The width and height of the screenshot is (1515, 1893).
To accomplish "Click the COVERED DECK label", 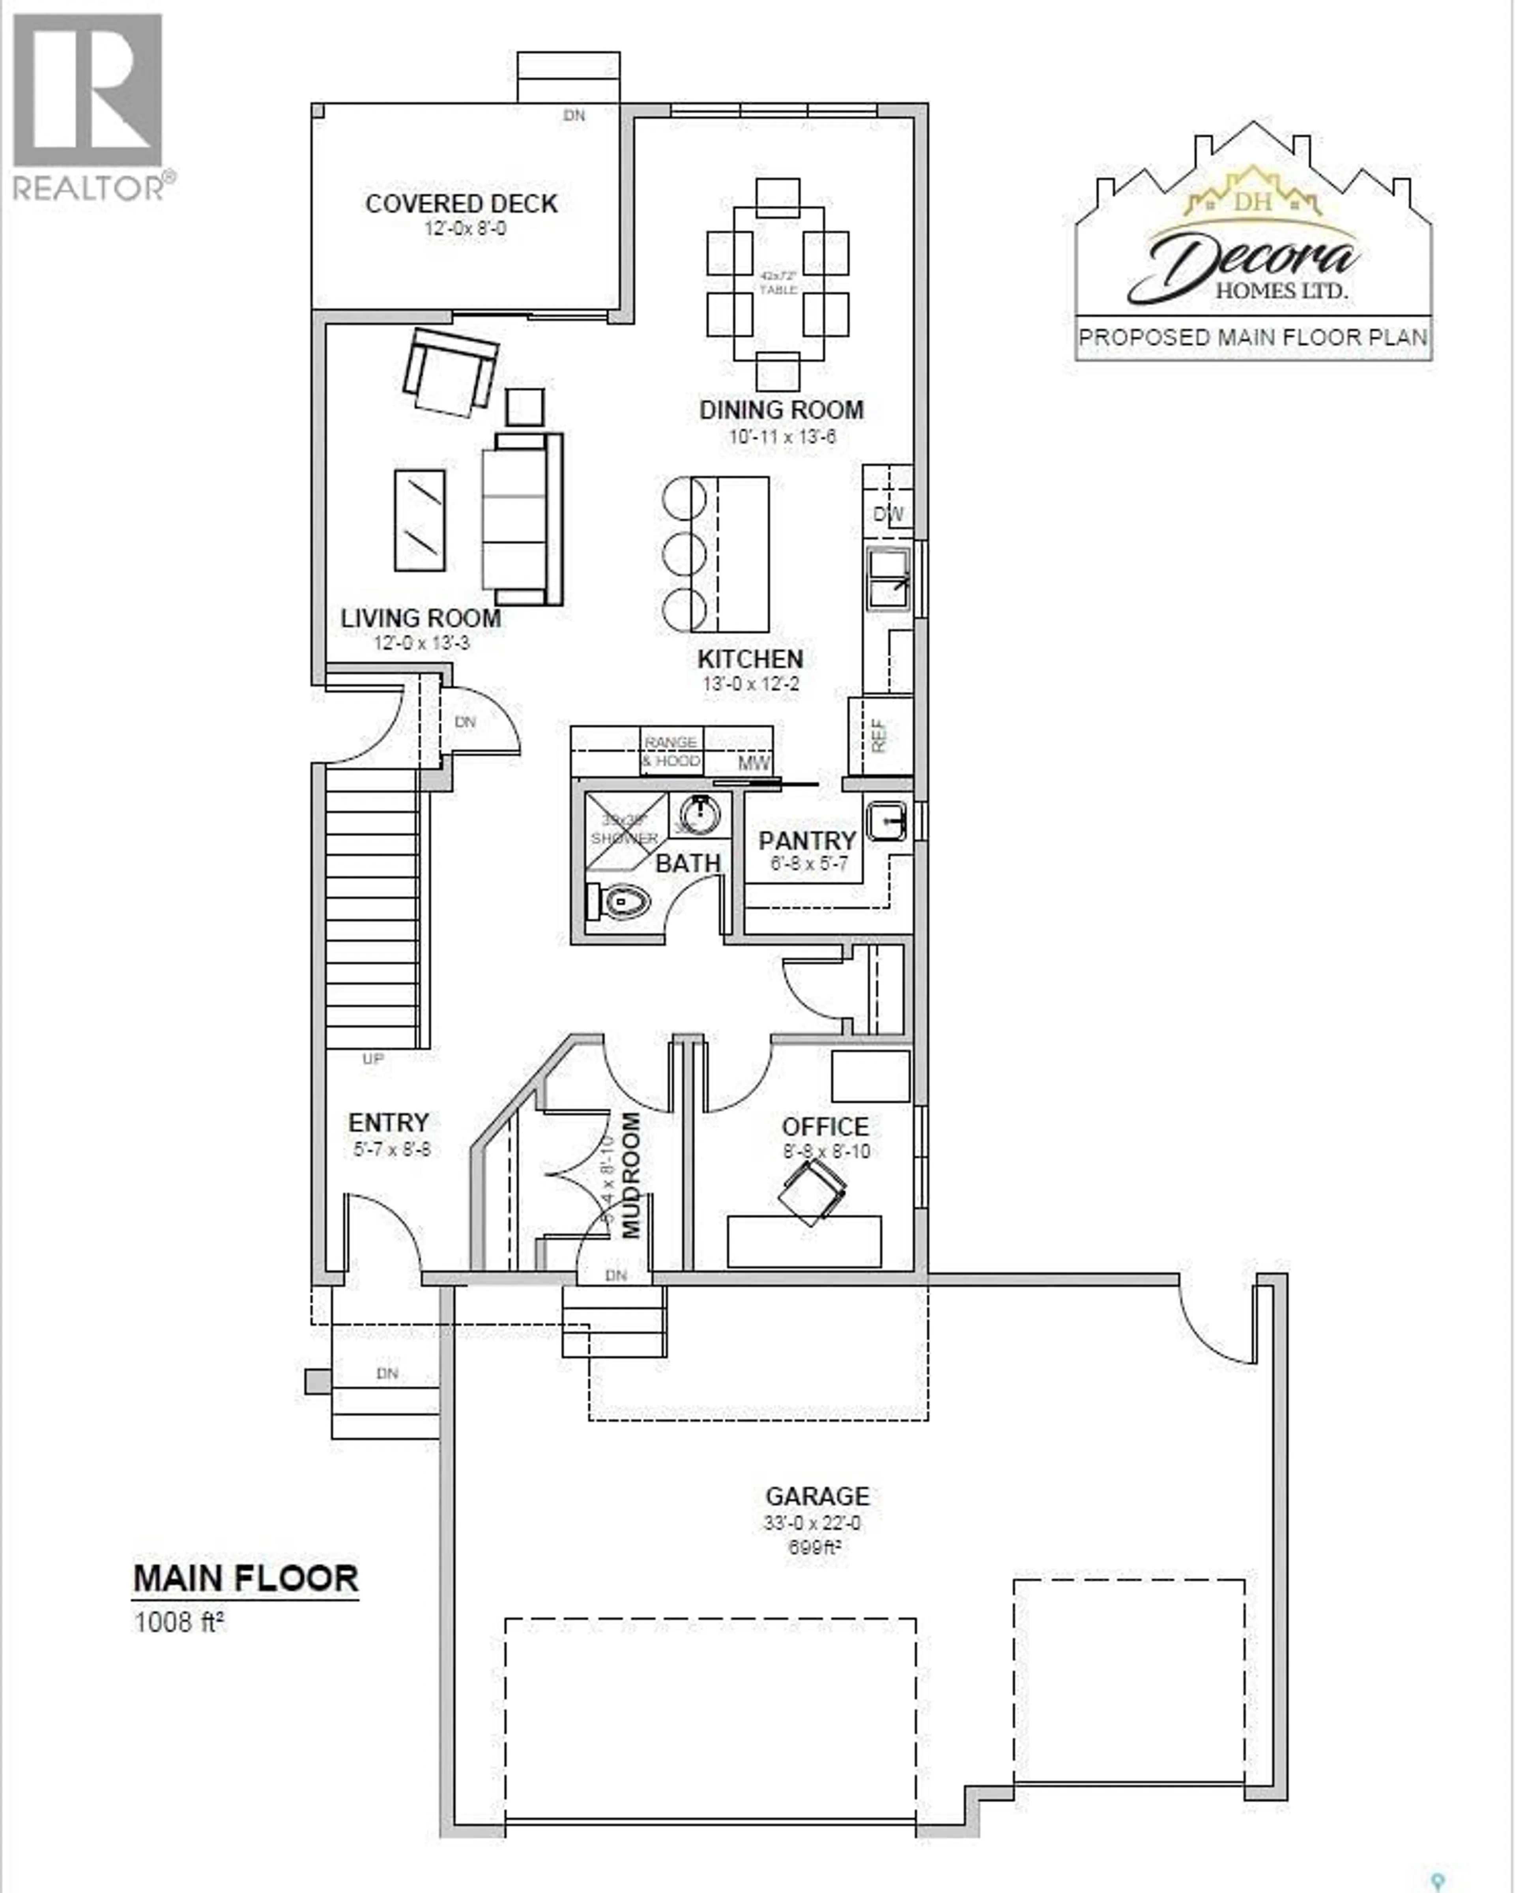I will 461,204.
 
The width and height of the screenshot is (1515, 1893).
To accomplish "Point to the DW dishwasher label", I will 888,514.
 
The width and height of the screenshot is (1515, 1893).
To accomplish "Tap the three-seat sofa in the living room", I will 522,518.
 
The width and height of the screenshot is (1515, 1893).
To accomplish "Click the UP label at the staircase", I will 373,1059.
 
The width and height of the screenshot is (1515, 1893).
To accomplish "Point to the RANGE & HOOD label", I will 671,752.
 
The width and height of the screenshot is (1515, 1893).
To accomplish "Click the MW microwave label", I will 753,763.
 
